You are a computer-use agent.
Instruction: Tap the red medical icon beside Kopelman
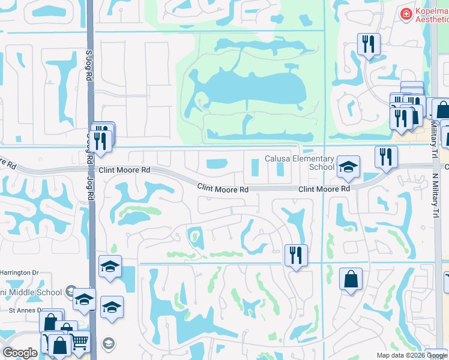[x=406, y=13]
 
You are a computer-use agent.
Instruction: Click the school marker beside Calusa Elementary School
[x=348, y=167]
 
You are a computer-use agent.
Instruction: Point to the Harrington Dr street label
[x=19, y=273]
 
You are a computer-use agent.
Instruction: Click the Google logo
[x=20, y=353]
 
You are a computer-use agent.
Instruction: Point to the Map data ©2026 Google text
[x=411, y=355]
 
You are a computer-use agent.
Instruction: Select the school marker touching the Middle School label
[x=84, y=298]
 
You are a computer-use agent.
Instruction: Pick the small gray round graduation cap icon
[x=109, y=343]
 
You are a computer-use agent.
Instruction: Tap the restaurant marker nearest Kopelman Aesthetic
[x=368, y=45]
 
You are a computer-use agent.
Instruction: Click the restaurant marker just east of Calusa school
[x=386, y=157]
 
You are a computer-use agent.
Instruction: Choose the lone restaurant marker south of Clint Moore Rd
[x=296, y=256]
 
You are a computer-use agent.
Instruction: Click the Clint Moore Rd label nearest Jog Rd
[x=124, y=170]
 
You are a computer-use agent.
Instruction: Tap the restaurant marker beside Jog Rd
[x=100, y=140]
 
